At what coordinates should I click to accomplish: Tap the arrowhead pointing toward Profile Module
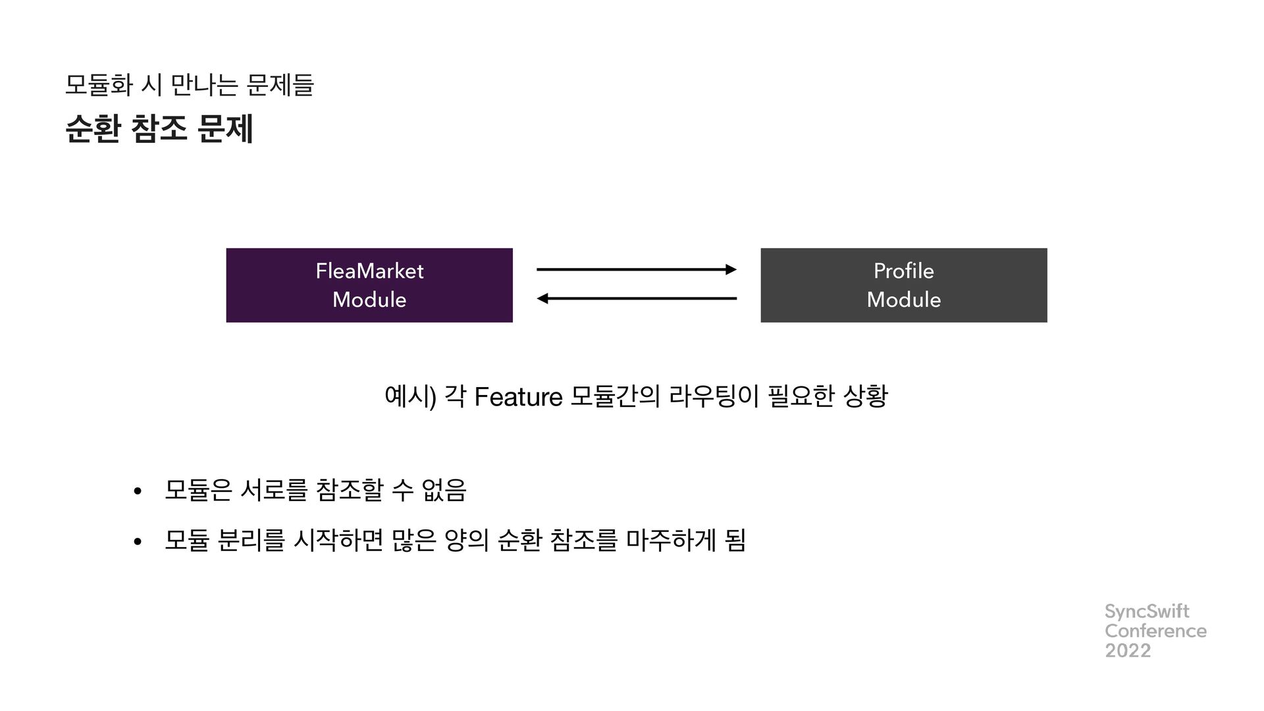(x=731, y=269)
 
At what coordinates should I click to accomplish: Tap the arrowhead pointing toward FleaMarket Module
(x=542, y=299)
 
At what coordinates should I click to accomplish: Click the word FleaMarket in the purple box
(x=369, y=271)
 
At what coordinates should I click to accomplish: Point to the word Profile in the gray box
(x=903, y=271)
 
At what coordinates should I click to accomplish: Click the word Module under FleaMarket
(x=369, y=300)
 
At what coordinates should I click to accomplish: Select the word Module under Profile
(x=903, y=300)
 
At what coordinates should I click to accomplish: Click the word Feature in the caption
(x=518, y=398)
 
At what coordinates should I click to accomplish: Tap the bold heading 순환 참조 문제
(x=160, y=128)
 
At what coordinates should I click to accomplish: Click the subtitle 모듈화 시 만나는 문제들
(x=190, y=85)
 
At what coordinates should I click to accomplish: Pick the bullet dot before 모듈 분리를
(x=137, y=542)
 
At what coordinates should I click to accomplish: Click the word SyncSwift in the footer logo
(x=1147, y=612)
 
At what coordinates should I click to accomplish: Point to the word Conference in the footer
(x=1155, y=631)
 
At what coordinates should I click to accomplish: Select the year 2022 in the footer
(x=1128, y=650)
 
